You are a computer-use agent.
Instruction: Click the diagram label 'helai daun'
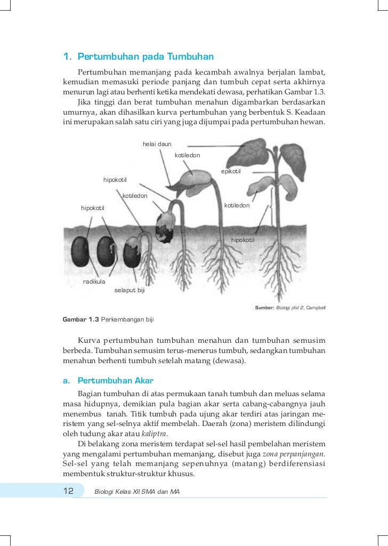[157, 144]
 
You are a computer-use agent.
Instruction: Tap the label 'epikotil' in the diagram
[231, 171]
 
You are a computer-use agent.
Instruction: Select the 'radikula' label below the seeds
[93, 281]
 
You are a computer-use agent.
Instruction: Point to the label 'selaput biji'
[130, 290]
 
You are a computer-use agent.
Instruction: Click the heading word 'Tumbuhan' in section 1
[190, 57]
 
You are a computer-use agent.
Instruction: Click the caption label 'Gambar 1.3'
[80, 320]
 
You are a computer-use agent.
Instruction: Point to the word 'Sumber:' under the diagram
[264, 308]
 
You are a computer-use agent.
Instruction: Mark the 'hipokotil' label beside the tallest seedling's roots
[242, 240]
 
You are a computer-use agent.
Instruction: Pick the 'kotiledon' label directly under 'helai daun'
[187, 155]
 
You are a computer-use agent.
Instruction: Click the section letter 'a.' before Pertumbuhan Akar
[67, 381]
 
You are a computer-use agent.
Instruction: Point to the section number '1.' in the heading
[68, 57]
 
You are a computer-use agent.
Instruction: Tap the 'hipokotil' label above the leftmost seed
[92, 207]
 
